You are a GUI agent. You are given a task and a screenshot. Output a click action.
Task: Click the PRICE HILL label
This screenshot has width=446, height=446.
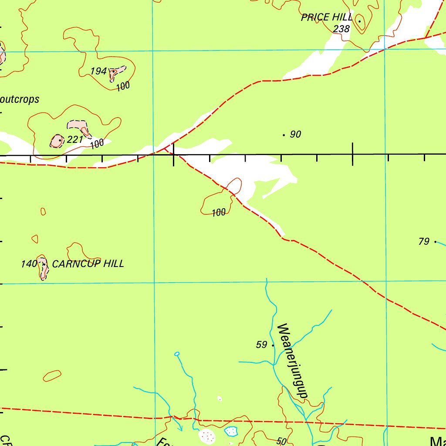pos(327,18)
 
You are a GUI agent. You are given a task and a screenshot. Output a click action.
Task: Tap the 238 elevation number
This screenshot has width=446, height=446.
pos(341,29)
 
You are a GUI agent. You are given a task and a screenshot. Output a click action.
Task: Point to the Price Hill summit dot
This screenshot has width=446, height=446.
pos(359,21)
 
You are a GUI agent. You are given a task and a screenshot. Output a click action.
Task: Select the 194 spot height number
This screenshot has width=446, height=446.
pos(99,71)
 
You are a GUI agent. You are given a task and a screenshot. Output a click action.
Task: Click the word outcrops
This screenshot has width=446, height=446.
pos(20,99)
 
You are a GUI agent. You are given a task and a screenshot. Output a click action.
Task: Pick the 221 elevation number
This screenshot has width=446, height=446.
pos(75,140)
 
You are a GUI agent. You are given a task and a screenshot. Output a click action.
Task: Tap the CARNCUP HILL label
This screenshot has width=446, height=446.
pos(88,264)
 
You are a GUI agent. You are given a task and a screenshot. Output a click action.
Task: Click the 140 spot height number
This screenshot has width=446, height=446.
pos(28,264)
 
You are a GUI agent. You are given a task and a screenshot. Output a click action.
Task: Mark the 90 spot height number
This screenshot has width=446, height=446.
pos(295,135)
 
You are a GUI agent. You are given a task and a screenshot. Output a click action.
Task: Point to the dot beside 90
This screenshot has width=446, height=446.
pos(284,135)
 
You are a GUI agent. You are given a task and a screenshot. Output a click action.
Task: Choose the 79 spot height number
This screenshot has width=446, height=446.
pos(424,241)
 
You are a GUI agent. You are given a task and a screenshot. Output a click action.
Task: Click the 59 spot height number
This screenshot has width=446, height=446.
pos(261,345)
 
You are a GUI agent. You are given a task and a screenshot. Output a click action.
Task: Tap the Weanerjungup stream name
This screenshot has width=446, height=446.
pos(292,360)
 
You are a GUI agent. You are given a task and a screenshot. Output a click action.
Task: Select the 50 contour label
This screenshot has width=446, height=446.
pos(281,441)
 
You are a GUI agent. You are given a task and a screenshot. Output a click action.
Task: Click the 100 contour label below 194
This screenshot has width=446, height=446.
pos(123,86)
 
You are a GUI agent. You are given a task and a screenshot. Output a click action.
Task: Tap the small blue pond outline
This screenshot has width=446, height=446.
pos(231,431)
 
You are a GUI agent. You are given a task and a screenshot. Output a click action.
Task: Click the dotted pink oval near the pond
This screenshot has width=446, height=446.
pos(206,435)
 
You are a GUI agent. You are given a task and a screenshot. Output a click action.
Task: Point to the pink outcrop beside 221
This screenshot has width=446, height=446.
pos(57,141)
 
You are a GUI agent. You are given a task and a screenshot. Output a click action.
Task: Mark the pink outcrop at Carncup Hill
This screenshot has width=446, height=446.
pos(43,268)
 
